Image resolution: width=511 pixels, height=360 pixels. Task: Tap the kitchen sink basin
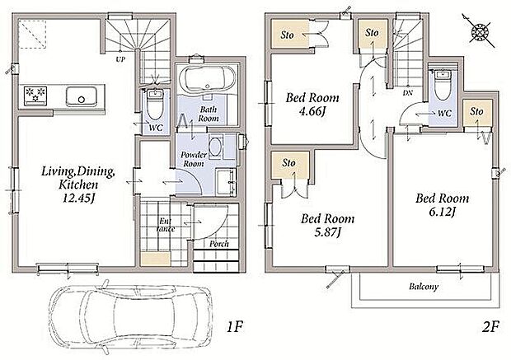click(81, 96)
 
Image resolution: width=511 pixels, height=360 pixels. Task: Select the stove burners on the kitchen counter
click(35, 95)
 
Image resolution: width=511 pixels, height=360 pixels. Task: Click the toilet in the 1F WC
click(155, 105)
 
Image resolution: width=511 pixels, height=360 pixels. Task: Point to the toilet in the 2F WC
click(443, 86)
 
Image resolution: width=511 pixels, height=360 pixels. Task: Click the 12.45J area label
click(78, 198)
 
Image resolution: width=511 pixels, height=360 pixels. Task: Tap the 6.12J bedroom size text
click(442, 212)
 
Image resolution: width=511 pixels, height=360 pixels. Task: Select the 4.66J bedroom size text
click(312, 111)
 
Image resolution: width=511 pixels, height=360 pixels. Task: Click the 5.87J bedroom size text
click(327, 232)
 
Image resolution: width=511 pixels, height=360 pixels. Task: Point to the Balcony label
click(424, 287)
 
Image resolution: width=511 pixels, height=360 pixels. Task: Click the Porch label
click(219, 244)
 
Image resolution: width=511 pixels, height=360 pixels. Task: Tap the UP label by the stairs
click(120, 59)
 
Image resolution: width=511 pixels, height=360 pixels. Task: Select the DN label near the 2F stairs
click(408, 92)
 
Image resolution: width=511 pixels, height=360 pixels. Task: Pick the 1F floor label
click(234, 326)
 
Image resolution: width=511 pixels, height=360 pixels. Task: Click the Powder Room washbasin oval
click(214, 147)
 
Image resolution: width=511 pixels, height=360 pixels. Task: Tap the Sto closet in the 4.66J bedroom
click(290, 35)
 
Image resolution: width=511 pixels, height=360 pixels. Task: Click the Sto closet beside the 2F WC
click(477, 113)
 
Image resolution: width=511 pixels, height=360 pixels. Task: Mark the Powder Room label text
click(194, 159)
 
